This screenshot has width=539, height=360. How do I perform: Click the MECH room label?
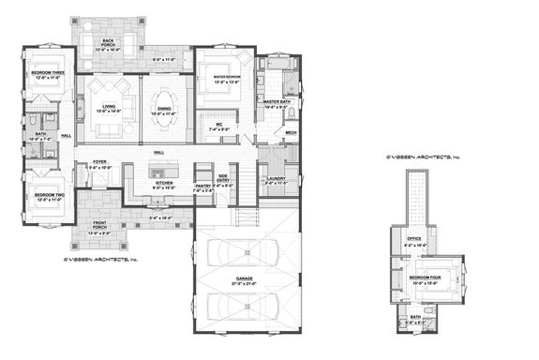point(291,132)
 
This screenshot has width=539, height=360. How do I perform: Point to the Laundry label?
point(276,179)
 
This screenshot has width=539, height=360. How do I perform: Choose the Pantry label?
point(203,186)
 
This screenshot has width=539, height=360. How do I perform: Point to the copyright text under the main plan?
point(100,258)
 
